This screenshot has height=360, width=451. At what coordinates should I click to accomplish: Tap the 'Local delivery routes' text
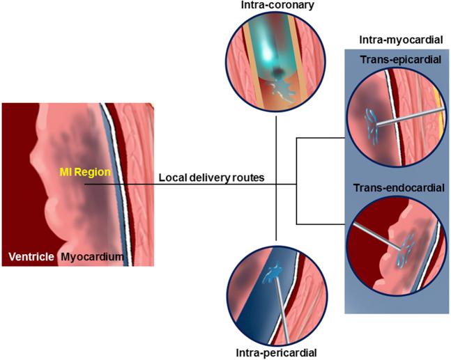click(211, 178)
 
